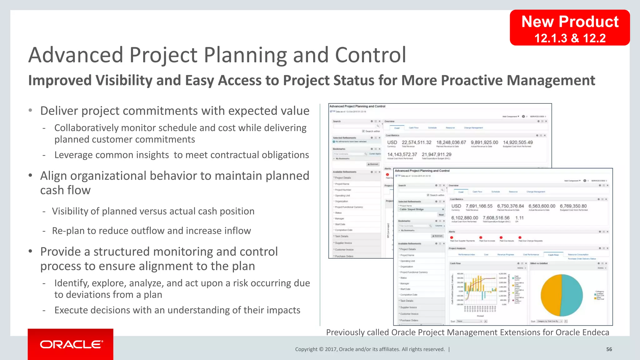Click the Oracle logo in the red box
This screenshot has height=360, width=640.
71,344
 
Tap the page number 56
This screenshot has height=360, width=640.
609,349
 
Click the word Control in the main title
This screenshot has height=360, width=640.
370,55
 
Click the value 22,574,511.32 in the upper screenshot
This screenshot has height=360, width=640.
416,142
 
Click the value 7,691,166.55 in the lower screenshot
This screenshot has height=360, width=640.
479,206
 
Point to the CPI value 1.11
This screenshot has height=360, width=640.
519,218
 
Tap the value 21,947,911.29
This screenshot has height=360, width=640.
436,154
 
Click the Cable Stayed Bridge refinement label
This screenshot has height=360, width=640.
411,209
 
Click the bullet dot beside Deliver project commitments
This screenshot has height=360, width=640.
30,110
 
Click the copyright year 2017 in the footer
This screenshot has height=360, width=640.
330,349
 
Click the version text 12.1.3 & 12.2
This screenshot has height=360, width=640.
569,38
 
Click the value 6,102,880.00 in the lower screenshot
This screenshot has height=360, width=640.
464,218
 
